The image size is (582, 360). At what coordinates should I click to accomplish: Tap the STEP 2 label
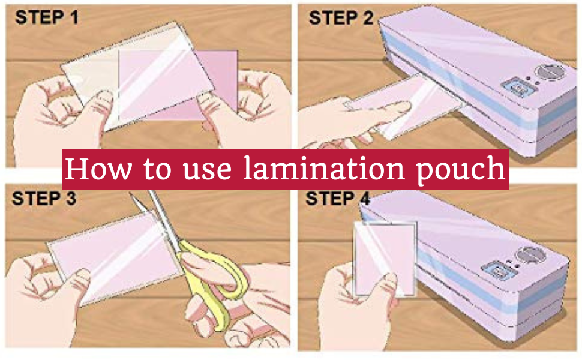click(341, 17)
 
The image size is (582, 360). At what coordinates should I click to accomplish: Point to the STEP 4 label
click(338, 198)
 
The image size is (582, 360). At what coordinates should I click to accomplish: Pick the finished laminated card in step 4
click(384, 258)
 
